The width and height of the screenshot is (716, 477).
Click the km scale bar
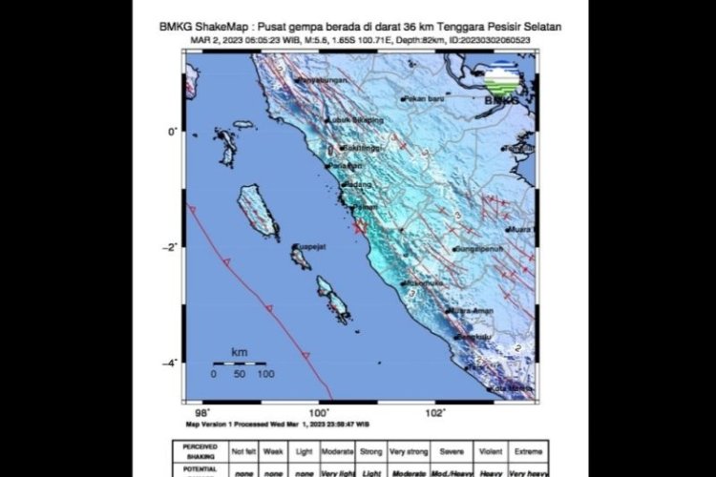point(232,363)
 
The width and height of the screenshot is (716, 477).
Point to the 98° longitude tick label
point(192,411)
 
